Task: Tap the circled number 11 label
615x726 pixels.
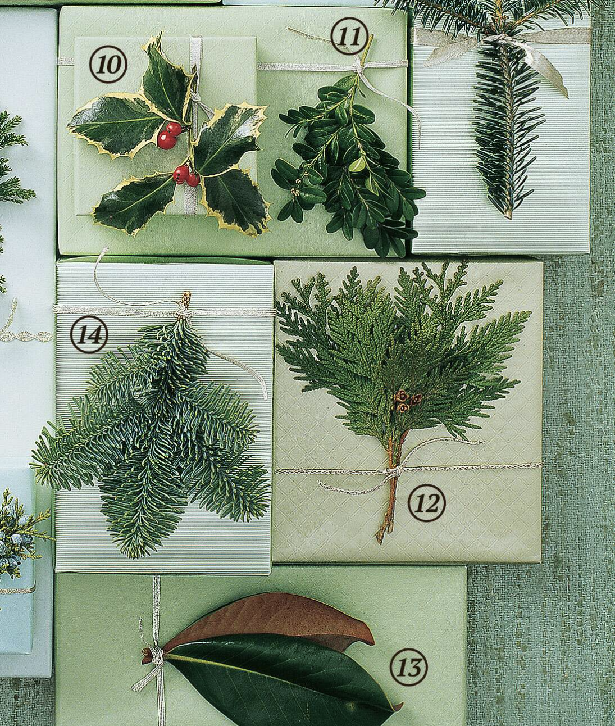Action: [350, 38]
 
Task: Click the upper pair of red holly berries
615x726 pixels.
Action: [169, 137]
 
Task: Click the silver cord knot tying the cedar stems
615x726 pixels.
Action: [393, 471]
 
